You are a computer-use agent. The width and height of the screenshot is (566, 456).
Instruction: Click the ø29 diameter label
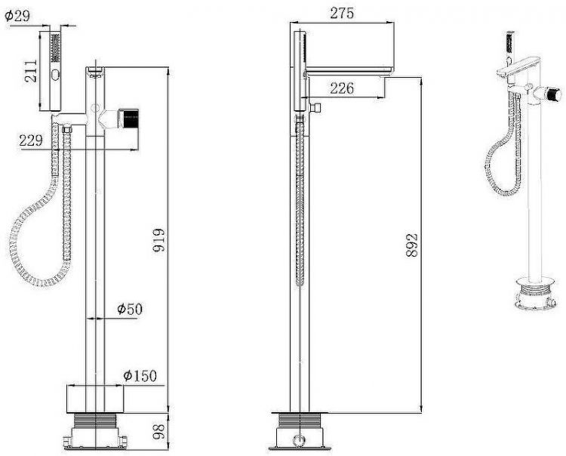(x=17, y=17)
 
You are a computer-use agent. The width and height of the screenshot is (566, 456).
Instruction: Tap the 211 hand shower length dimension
(x=31, y=71)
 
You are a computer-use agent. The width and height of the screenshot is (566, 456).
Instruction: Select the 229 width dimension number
(x=31, y=140)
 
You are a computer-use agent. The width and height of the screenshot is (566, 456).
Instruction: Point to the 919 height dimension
(x=158, y=240)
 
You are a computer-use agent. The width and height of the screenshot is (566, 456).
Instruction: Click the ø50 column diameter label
(x=130, y=309)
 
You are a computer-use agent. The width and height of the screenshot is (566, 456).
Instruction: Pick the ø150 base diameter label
(x=140, y=376)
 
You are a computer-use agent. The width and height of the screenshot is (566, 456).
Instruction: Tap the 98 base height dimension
(x=158, y=431)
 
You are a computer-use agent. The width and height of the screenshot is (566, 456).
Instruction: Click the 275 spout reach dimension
(x=342, y=14)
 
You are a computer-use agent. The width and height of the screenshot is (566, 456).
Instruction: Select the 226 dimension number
(x=342, y=88)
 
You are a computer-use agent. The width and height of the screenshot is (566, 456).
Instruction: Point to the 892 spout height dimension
(x=412, y=245)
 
